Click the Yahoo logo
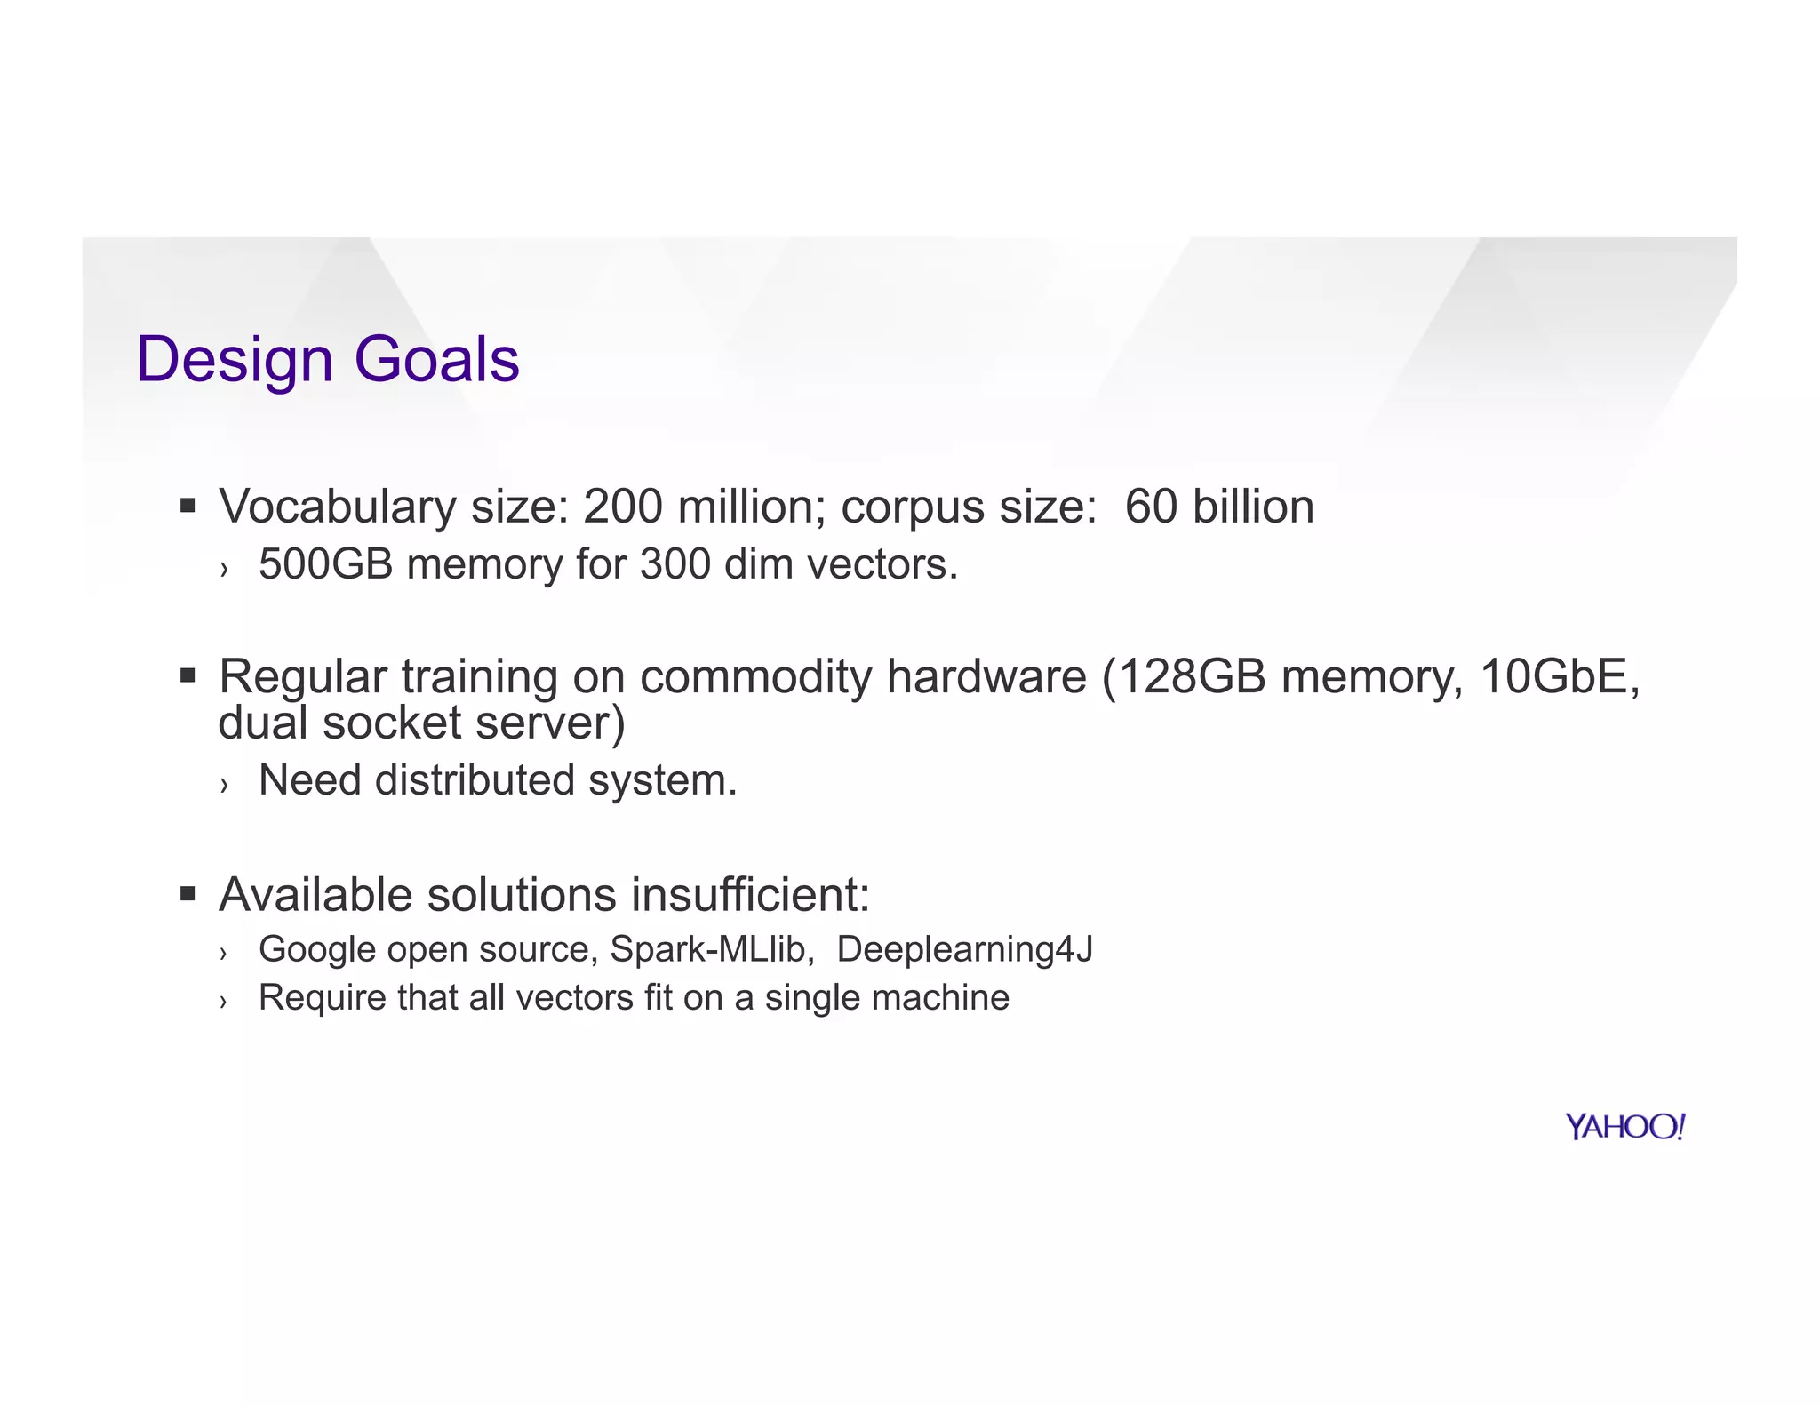pyautogui.click(x=1624, y=1127)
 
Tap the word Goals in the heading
pyautogui.click(x=436, y=360)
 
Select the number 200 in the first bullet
pyautogui.click(x=622, y=507)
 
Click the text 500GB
pyautogui.click(x=325, y=564)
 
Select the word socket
pyautogui.click(x=392, y=723)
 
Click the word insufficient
pyautogui.click(x=750, y=894)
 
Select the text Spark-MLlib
pyautogui.click(x=712, y=949)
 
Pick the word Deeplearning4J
pyautogui.click(x=964, y=949)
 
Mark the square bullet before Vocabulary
pyautogui.click(x=187, y=507)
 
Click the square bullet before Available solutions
pyautogui.click(x=187, y=893)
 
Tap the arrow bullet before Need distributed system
pyautogui.click(x=225, y=784)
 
